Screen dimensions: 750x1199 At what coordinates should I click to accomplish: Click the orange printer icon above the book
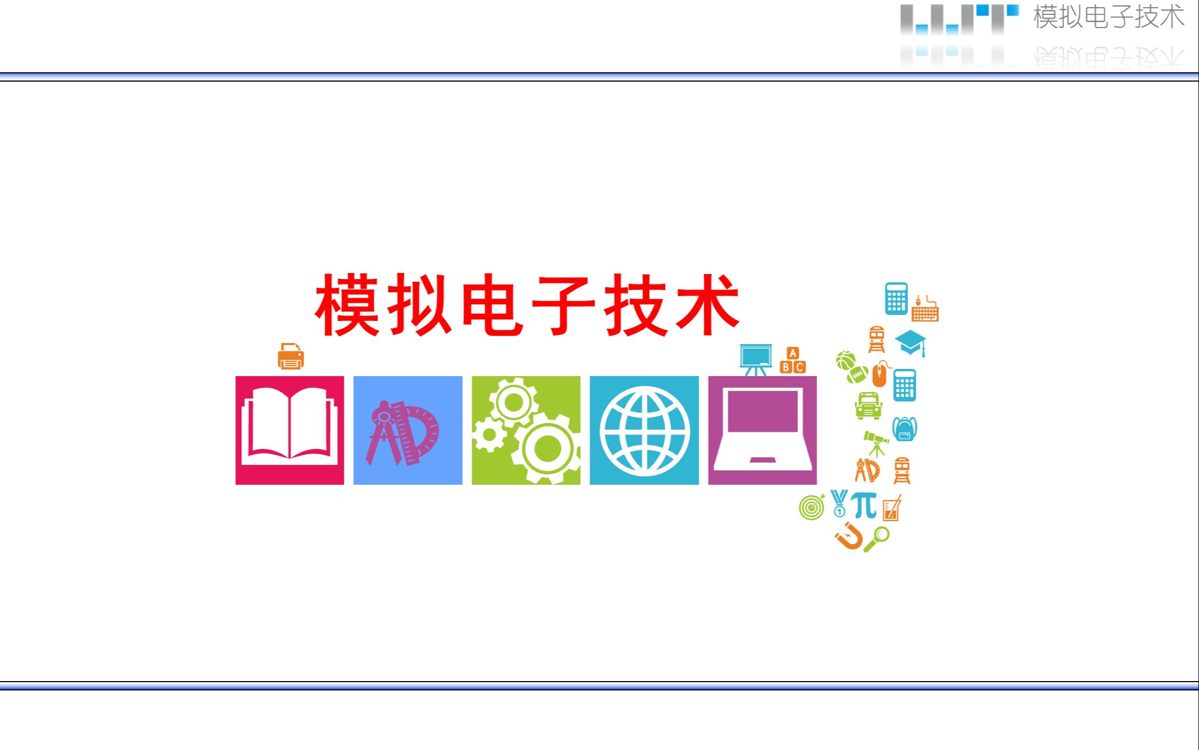pyautogui.click(x=290, y=356)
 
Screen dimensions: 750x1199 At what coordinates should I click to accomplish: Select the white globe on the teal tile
pyautogui.click(x=644, y=431)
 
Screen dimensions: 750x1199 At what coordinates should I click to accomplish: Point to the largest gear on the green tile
pyautogui.click(x=547, y=448)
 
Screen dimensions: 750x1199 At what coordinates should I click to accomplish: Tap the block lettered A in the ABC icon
pyautogui.click(x=792, y=353)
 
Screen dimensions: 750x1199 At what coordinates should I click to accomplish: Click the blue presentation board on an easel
pyautogui.click(x=755, y=359)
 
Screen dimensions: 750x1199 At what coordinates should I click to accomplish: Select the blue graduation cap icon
pyautogui.click(x=910, y=342)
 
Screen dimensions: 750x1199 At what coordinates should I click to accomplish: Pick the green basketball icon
pyautogui.click(x=845, y=361)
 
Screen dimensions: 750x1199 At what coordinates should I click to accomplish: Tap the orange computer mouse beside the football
pyautogui.click(x=880, y=374)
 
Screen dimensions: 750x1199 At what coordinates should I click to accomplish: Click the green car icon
pyautogui.click(x=868, y=406)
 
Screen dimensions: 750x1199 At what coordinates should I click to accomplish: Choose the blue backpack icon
pyautogui.click(x=904, y=429)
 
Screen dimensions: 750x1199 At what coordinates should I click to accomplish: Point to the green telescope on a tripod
pyautogui.click(x=876, y=443)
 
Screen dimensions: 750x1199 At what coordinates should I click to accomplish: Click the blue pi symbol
pyautogui.click(x=864, y=504)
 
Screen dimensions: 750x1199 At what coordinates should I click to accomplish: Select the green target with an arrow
pyautogui.click(x=812, y=507)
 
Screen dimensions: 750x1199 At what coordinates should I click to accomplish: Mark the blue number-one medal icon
pyautogui.click(x=839, y=503)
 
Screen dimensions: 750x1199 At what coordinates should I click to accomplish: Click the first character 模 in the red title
pyautogui.click(x=347, y=305)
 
